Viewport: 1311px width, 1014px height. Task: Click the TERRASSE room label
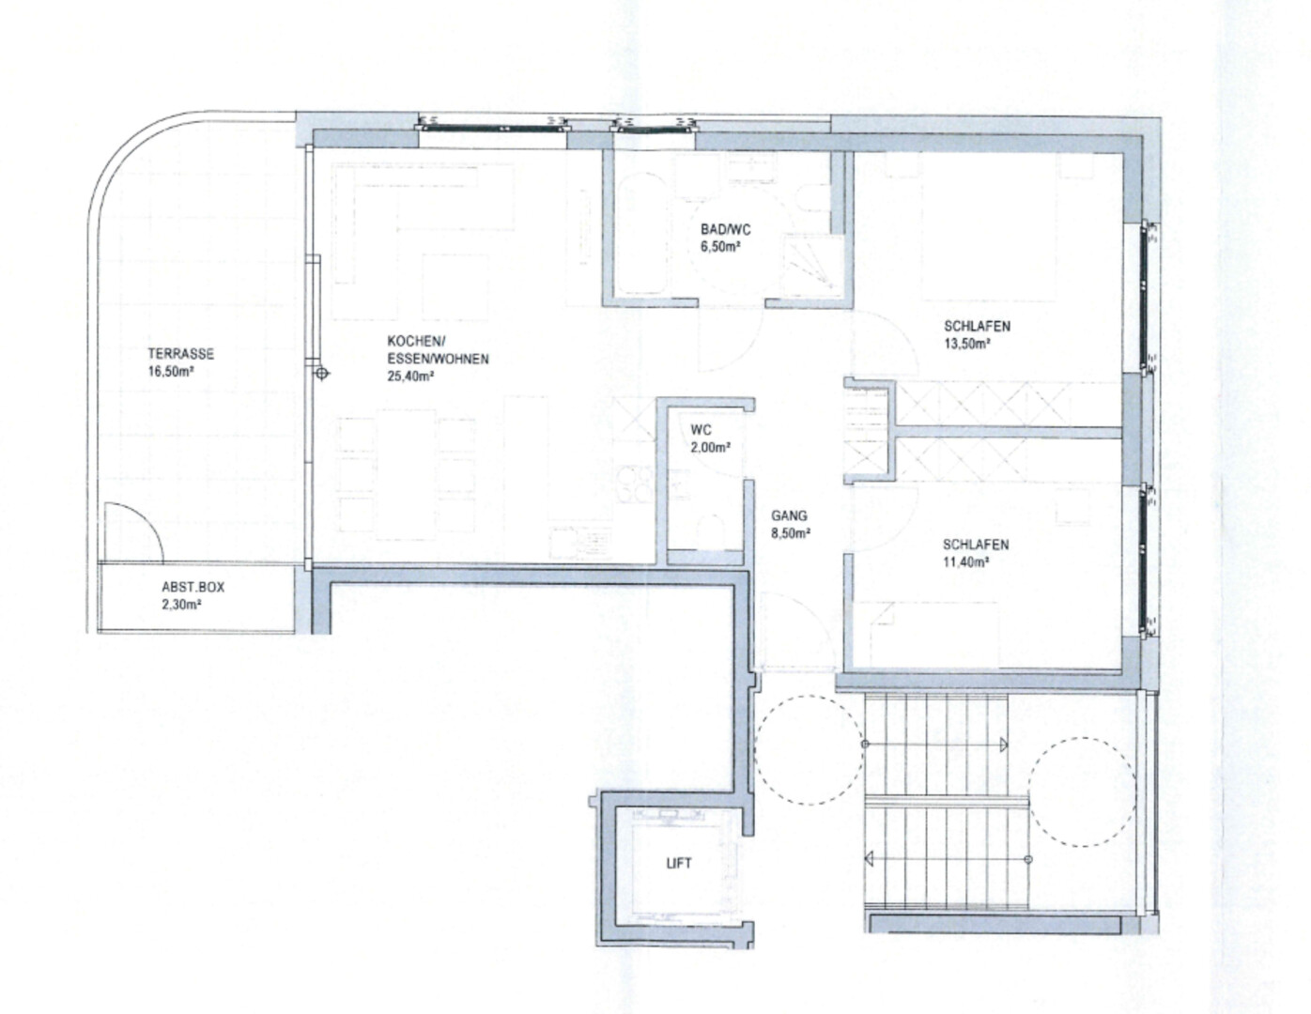pos(181,353)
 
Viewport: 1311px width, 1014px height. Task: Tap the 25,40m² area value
pos(410,376)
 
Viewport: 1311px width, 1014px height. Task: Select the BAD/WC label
pos(726,229)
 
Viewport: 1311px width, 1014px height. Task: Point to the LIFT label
pos(679,863)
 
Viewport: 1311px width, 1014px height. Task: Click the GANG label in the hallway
pos(789,515)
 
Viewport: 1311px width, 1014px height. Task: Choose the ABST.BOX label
pos(193,587)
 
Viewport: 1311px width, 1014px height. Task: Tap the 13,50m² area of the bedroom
pos(967,344)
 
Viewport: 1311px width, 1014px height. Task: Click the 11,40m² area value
pos(966,562)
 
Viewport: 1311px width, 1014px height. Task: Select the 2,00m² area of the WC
pos(711,448)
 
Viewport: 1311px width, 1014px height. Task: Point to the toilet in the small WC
pos(710,530)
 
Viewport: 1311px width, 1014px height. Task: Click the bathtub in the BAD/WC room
pos(641,234)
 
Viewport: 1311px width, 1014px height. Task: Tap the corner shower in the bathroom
pos(810,267)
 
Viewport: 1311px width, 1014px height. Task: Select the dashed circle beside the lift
pos(809,750)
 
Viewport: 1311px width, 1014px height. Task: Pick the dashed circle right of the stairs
pos(1083,792)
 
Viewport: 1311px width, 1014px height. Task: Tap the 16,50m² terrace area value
pos(171,371)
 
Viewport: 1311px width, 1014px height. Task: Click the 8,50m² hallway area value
pos(791,533)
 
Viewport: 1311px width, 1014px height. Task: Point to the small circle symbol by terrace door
pos(322,374)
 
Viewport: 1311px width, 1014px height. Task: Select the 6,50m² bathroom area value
pos(720,246)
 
